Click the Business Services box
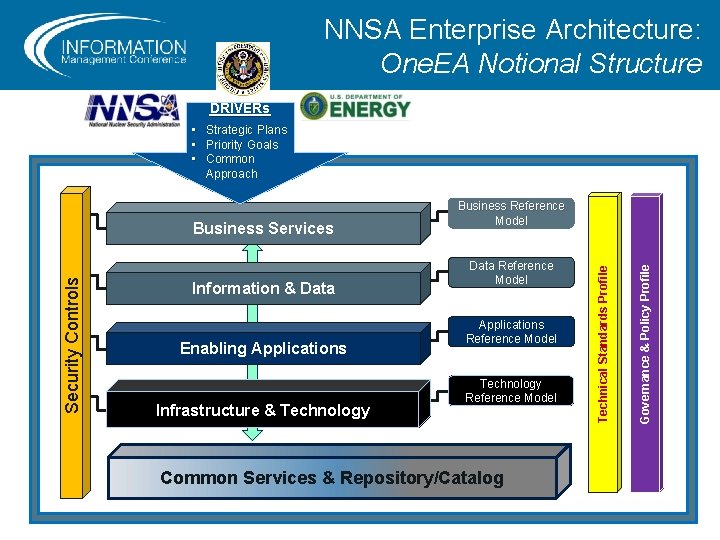[263, 228]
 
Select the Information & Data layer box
[263, 288]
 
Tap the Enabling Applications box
[263, 348]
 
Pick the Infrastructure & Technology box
[263, 410]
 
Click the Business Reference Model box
[511, 213]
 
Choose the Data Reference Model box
[511, 273]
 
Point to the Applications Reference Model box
[511, 332]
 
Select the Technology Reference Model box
[511, 391]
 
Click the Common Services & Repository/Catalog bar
[332, 478]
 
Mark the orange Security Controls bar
[72, 343]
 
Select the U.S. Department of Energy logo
[356, 106]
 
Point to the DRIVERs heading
[239, 108]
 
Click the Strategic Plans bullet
[246, 130]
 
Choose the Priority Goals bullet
[242, 145]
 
